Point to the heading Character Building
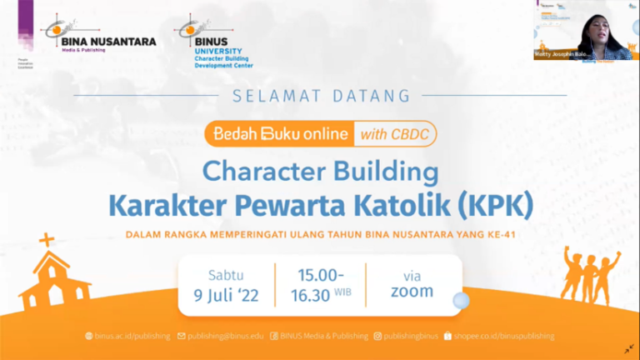coord(321,172)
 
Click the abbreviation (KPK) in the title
coord(490,202)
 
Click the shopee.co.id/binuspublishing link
coord(503,336)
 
